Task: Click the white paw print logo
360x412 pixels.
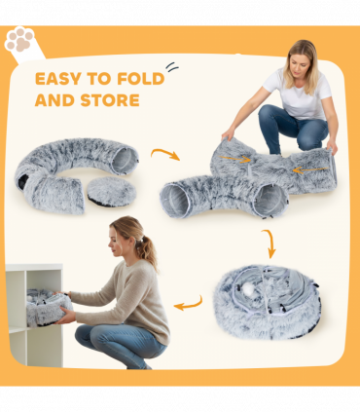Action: tap(19, 40)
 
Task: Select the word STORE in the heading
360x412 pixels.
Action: tap(108, 100)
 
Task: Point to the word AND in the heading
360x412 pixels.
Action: tap(55, 100)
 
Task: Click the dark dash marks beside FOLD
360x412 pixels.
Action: tap(171, 67)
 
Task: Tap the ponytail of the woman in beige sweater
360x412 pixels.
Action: tap(147, 250)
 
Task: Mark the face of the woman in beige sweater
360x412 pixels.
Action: tap(119, 243)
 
